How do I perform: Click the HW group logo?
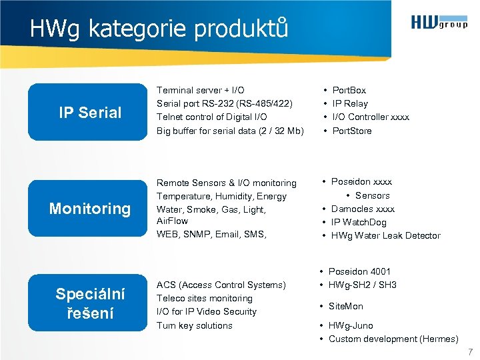pyautogui.click(x=439, y=23)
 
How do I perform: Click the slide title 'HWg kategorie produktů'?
pyautogui.click(x=159, y=28)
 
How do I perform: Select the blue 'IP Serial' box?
pyautogui.click(x=90, y=112)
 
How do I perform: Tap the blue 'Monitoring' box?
pyautogui.click(x=90, y=209)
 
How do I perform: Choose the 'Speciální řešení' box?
pyautogui.click(x=90, y=303)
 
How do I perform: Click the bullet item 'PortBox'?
pyautogui.click(x=349, y=90)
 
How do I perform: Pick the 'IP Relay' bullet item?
pyautogui.click(x=350, y=103)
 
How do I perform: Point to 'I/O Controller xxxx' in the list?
pyautogui.click(x=371, y=117)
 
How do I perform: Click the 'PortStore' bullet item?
pyautogui.click(x=352, y=131)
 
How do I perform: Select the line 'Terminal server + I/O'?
pyautogui.click(x=200, y=90)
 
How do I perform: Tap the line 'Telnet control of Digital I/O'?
pyautogui.click(x=211, y=117)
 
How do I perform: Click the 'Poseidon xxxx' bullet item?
pyautogui.click(x=361, y=181)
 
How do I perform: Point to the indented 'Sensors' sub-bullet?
pyautogui.click(x=372, y=195)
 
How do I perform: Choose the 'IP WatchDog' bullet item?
pyautogui.click(x=359, y=222)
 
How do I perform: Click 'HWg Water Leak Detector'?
pyautogui.click(x=385, y=235)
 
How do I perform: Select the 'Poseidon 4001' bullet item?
pyautogui.click(x=359, y=271)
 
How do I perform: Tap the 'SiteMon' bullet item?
pyautogui.click(x=346, y=306)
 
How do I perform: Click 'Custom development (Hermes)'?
pyautogui.click(x=393, y=339)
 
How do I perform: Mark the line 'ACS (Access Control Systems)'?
pyautogui.click(x=221, y=285)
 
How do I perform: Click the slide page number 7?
pyautogui.click(x=470, y=351)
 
